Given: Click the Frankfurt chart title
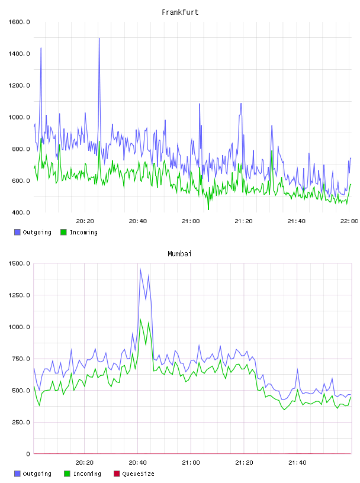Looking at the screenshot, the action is (x=180, y=12).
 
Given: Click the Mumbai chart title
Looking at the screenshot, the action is (x=179, y=254).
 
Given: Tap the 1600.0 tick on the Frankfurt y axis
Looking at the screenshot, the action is (x=19, y=22).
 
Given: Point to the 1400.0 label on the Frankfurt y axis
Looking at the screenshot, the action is (x=19, y=54).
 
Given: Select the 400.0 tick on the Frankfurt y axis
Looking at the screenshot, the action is (x=21, y=212).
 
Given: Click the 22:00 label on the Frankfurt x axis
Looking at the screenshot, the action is (x=349, y=221).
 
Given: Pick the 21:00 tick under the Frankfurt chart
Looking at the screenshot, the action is (x=191, y=221).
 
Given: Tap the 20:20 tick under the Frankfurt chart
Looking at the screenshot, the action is (x=85, y=221).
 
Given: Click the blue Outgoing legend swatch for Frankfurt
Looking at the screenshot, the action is (x=17, y=232).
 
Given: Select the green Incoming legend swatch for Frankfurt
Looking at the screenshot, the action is (x=63, y=232).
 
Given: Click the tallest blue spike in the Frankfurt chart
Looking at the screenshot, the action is (x=99, y=38).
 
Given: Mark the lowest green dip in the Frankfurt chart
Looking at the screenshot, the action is (x=208, y=210).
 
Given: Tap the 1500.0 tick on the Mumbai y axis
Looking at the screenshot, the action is (x=19, y=263).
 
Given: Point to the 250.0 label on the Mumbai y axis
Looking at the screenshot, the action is (x=21, y=422).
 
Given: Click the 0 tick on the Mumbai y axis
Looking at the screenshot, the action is (x=28, y=454).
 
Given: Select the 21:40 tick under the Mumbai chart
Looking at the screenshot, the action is (x=297, y=463).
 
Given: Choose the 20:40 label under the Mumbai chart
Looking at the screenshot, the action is (x=138, y=463).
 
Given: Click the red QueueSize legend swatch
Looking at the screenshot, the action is (x=117, y=474).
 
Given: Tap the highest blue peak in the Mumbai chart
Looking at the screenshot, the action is (x=140, y=269).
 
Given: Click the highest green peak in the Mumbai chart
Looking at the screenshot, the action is (x=140, y=320).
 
